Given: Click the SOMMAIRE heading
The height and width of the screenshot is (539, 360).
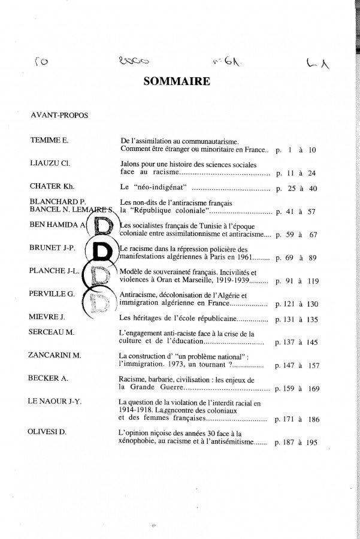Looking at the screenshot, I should tap(177, 81).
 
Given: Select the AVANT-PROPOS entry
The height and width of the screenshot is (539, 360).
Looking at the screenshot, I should tap(59, 115).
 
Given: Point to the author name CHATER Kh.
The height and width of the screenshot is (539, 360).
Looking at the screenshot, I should tap(52, 186).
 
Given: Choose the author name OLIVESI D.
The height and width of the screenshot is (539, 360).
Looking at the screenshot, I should tap(50, 431).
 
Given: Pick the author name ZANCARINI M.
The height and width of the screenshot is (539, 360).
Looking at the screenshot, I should tap(55, 355).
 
